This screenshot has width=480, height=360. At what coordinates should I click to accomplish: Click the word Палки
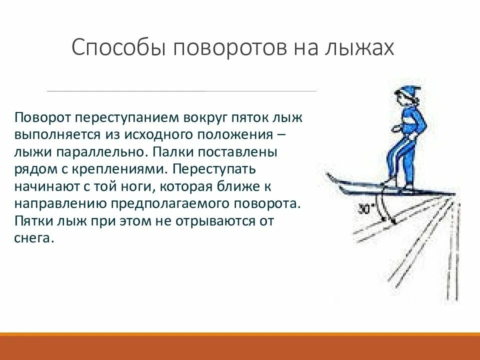(x=167, y=152)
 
